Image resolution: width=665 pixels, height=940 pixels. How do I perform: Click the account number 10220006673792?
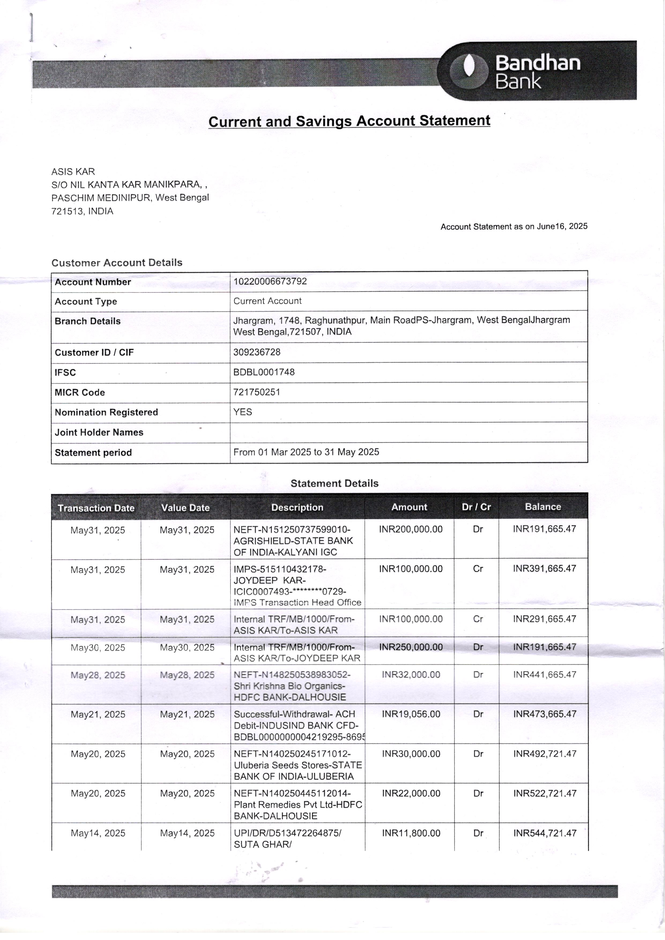[270, 282]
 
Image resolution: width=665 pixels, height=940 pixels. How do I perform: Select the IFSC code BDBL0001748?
[264, 372]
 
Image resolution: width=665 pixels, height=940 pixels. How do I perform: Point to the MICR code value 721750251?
[257, 392]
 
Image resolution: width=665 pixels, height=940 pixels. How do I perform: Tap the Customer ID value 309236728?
[257, 352]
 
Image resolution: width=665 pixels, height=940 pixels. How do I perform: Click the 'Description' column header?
[297, 508]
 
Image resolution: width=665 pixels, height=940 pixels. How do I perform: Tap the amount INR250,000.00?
[411, 647]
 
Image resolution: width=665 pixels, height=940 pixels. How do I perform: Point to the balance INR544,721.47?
[545, 833]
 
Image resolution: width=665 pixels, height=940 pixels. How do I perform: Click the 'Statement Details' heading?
[334, 484]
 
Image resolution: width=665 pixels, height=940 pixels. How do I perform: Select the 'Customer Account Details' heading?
[117, 263]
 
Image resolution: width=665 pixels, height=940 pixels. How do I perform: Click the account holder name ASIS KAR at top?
[73, 172]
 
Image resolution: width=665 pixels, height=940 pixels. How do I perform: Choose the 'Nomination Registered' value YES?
[242, 412]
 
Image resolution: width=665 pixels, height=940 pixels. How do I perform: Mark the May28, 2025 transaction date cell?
[98, 675]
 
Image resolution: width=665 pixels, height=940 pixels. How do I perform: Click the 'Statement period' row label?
[93, 453]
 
